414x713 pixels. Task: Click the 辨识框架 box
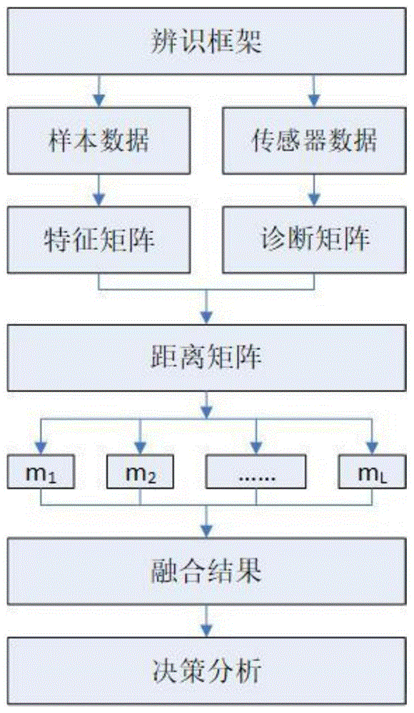[206, 41]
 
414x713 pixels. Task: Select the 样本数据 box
[99, 140]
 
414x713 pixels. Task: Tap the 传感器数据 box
[314, 140]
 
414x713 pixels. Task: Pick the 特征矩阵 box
[99, 240]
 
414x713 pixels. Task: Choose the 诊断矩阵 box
[314, 240]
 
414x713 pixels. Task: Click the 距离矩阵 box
[206, 357]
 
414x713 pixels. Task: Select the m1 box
[41, 471]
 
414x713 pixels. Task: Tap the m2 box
[140, 471]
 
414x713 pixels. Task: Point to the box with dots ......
[256, 471]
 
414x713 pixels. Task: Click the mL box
[372, 471]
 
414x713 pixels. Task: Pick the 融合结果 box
[206, 571]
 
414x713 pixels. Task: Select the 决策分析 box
[206, 670]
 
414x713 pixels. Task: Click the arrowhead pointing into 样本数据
[99, 101]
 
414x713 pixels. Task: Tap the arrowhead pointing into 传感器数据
[314, 101]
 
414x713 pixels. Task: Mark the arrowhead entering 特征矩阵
[99, 200]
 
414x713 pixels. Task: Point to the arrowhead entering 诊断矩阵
[314, 200]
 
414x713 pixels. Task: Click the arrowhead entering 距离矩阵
[207, 318]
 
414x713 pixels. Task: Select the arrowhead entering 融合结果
[207, 532]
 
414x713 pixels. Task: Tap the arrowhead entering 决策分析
[207, 631]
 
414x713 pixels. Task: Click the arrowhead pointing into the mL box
[372, 448]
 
